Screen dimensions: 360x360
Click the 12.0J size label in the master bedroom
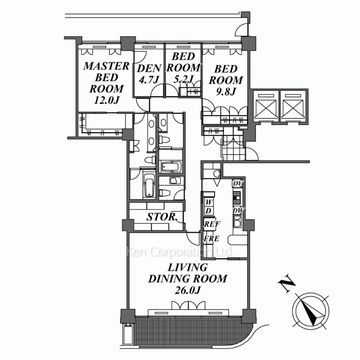coord(106,100)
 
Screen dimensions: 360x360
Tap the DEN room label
coord(149,68)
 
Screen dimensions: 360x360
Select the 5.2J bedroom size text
coord(183,79)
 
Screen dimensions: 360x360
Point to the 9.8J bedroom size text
coord(226,92)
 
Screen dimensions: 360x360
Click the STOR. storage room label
coord(162,217)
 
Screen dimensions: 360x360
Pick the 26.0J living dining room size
coord(188,291)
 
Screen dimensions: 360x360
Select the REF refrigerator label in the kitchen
coord(212,224)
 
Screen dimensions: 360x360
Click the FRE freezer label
coord(211,239)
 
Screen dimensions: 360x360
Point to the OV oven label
coord(238,184)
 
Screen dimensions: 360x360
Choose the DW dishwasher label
coord(238,210)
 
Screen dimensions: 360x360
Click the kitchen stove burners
coord(237,197)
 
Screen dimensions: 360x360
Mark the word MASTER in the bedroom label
coord(106,66)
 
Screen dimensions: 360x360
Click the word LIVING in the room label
coord(188,267)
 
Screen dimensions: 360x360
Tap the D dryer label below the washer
coord(208,211)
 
